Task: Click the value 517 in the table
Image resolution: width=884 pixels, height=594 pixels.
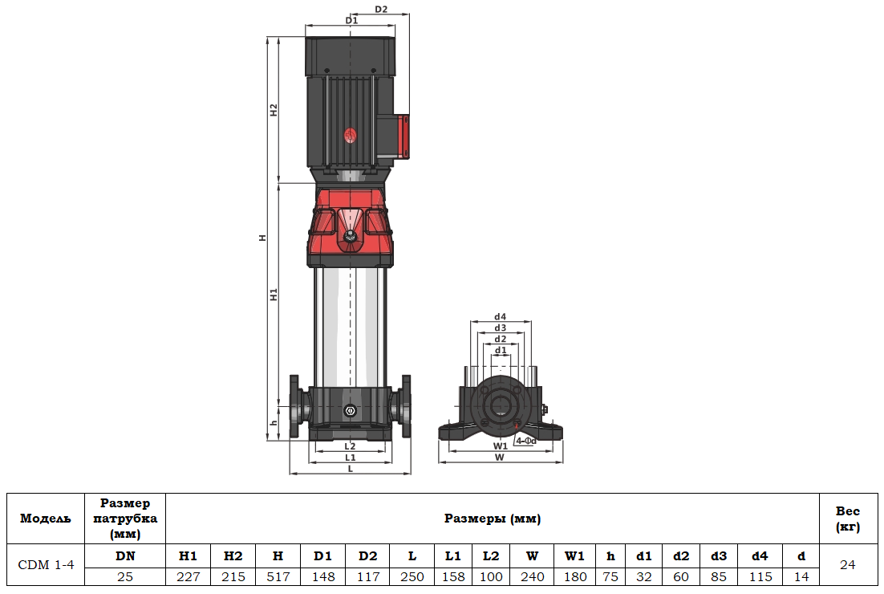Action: (278, 577)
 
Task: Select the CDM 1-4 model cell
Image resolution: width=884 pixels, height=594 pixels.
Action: (46, 565)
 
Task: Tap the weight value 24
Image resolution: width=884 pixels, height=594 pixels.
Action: (847, 565)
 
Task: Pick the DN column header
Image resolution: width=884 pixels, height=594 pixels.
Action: (125, 555)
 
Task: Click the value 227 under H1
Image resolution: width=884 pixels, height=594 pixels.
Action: (188, 577)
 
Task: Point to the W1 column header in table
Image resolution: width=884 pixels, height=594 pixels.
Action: (574, 555)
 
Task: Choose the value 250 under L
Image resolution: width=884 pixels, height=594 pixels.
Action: (412, 577)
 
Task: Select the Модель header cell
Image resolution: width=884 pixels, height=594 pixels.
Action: (46, 519)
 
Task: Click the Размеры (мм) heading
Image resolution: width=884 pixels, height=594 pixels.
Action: (492, 519)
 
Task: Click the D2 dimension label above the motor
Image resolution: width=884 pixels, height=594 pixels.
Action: (381, 10)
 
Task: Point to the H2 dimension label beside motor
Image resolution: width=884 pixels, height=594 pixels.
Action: (274, 110)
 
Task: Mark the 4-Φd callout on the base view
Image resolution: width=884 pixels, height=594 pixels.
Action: (525, 441)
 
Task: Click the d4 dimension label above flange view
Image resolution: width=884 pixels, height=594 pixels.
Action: (500, 317)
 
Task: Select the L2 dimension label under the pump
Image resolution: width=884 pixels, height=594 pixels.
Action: (350, 445)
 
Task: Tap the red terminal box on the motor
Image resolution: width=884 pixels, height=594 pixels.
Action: (400, 136)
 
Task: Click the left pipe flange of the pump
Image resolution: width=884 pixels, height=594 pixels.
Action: (295, 407)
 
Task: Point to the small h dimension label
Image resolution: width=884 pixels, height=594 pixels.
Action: (274, 423)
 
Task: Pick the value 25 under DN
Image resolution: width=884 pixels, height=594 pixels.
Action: (125, 577)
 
